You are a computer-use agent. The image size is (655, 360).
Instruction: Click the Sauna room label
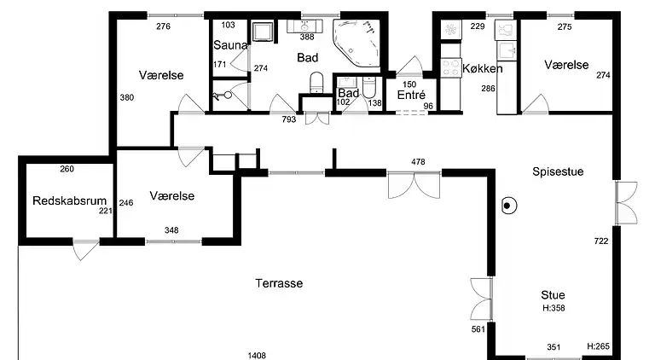point(230,45)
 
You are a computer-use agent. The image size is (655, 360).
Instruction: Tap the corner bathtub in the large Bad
point(356,42)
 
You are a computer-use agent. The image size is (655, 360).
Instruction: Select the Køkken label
point(483,68)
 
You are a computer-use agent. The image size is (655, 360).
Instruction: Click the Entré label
point(411,96)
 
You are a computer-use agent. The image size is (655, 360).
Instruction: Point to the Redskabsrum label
point(69,200)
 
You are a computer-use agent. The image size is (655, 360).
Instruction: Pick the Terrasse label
point(279,283)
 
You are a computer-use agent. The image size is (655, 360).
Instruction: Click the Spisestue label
point(558,171)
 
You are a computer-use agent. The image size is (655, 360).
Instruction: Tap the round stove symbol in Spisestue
point(509,206)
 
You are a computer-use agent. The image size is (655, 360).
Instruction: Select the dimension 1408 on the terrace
point(257,356)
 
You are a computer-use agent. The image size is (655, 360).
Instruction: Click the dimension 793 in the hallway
point(288,119)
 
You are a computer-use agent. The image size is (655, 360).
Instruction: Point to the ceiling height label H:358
point(554,308)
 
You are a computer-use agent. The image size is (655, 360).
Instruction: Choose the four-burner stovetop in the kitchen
point(450,68)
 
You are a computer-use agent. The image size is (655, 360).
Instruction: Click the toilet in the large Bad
point(316,83)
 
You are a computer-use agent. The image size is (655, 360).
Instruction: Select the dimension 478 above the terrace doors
point(418,161)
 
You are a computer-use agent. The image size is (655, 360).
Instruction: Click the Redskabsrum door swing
point(84,250)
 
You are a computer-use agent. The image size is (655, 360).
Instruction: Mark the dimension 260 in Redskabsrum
point(67,169)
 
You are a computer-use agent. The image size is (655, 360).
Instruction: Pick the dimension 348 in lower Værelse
point(171,230)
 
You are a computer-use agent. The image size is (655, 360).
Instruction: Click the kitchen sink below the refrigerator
point(507,51)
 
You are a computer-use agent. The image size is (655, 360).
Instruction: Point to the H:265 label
point(598,346)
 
